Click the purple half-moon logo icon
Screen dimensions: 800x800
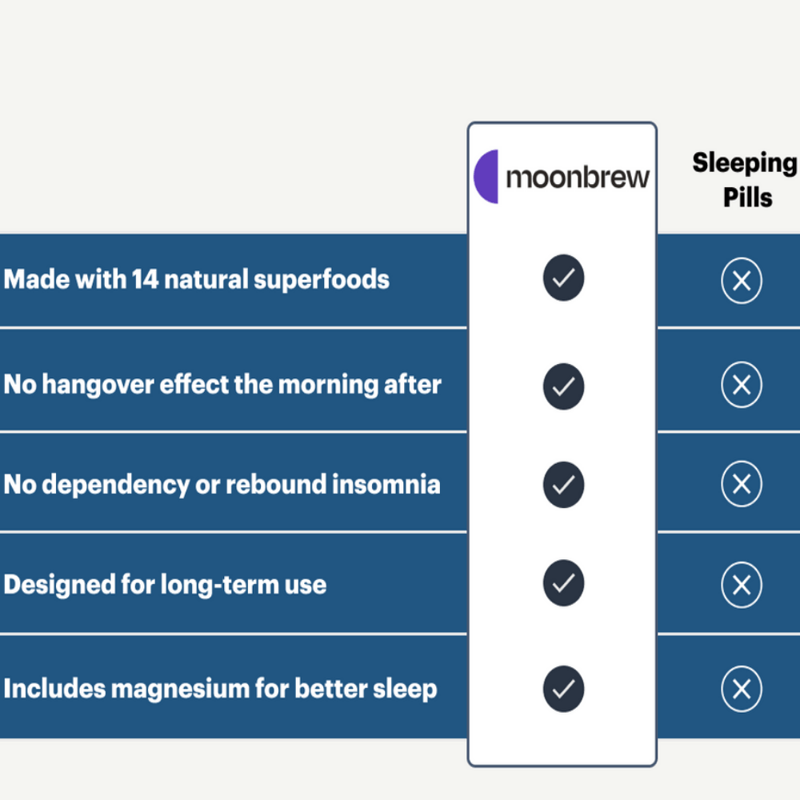pos(486,177)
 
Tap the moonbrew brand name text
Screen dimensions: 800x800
pos(578,178)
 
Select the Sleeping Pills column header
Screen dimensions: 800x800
pos(746,179)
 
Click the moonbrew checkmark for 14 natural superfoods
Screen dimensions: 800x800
pos(563,278)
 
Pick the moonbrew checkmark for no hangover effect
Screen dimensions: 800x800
pos(563,386)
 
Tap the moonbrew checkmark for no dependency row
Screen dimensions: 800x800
pos(563,485)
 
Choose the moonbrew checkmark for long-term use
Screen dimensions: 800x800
pos(563,583)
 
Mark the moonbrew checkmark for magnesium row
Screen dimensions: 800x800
pos(563,689)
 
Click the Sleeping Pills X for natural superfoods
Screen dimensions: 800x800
pos(742,281)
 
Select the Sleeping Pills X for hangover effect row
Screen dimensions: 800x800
pos(742,385)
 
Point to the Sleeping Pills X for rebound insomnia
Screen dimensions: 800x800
pos(742,484)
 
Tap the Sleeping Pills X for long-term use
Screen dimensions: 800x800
pos(742,585)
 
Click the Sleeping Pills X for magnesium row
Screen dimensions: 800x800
pos(742,689)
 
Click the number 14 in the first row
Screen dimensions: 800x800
pos(145,279)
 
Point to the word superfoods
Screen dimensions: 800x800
pos(322,280)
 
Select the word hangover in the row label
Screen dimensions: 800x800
pos(98,384)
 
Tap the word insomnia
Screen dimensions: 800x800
pos(386,484)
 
